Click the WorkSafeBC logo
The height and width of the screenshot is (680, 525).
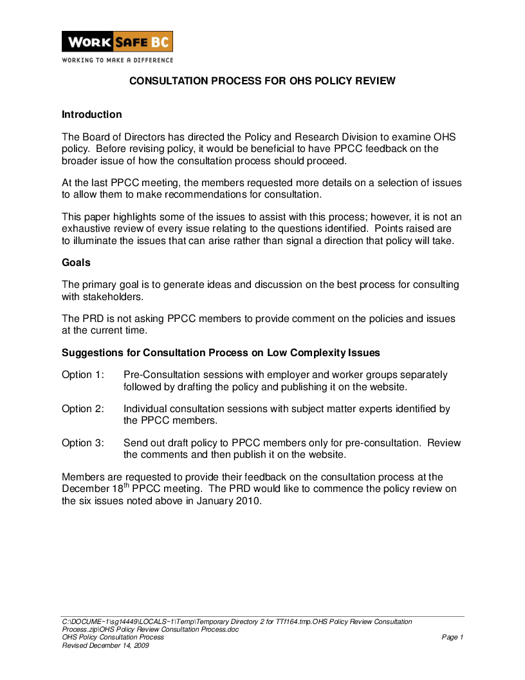117,42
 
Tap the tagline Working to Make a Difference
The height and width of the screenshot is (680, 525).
117,60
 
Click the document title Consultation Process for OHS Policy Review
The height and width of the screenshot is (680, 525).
262,81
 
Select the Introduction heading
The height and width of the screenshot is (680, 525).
91,115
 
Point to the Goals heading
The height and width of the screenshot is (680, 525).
76,263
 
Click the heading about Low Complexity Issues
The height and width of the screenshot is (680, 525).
221,353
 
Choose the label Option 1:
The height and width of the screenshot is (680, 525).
82,375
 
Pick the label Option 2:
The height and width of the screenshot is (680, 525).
82,409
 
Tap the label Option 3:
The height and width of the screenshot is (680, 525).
82,443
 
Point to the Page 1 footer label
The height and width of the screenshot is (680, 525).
452,637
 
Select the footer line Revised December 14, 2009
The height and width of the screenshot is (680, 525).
106,645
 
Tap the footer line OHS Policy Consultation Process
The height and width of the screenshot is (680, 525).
113,637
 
